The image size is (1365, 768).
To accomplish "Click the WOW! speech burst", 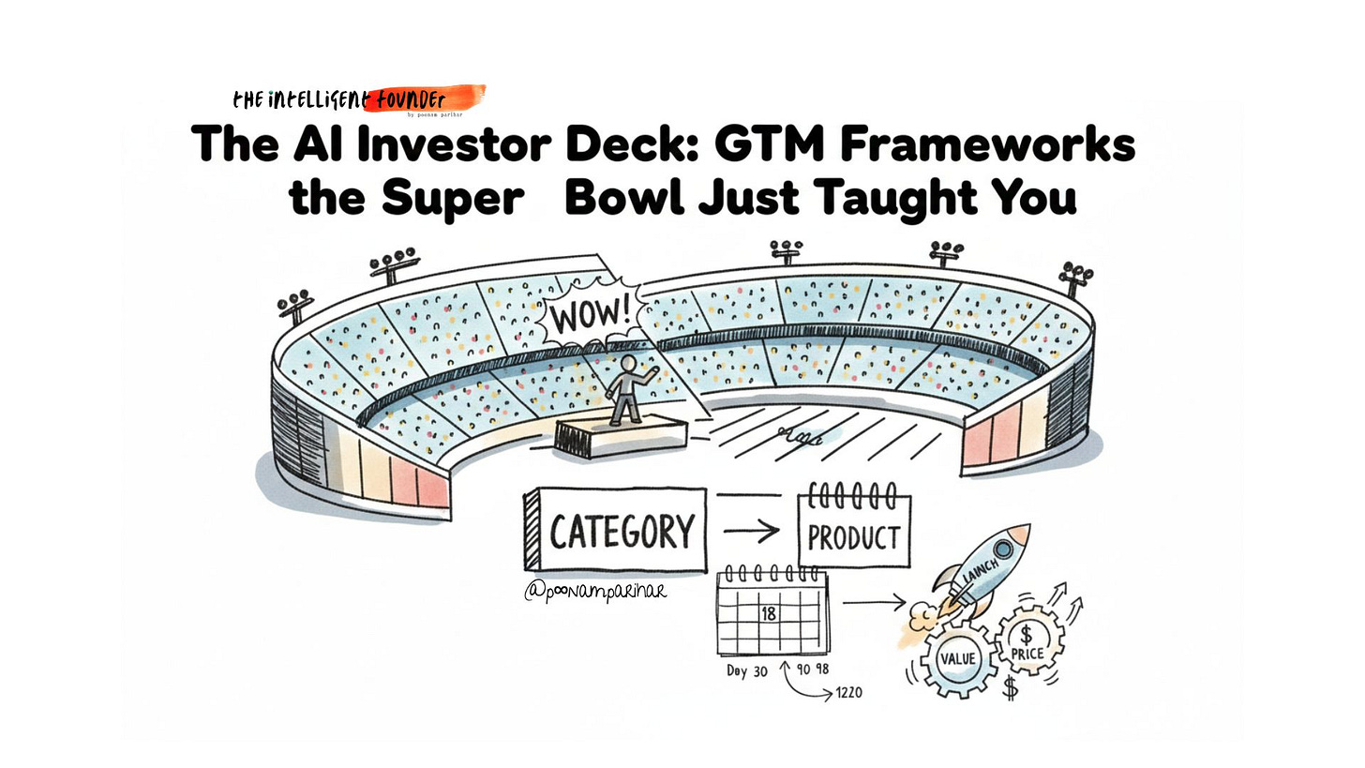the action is pos(589,315).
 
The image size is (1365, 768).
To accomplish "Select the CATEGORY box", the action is pos(616,531).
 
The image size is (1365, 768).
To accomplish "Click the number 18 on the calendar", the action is pos(769,614).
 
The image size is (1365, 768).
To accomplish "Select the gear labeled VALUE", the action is pos(957,658).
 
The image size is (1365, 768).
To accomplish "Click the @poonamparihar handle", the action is pos(595,592).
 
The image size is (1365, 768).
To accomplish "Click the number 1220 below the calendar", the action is pos(848,693).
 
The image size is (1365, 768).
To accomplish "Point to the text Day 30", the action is pos(746,671).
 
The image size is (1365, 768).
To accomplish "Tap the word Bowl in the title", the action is pos(622,198).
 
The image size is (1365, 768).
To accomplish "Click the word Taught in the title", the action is pos(899,198).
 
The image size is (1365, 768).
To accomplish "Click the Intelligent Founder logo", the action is pos(358,99).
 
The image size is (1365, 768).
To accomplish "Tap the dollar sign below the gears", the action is pos(1010,689).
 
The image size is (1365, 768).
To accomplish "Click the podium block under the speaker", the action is pos(621,436).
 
